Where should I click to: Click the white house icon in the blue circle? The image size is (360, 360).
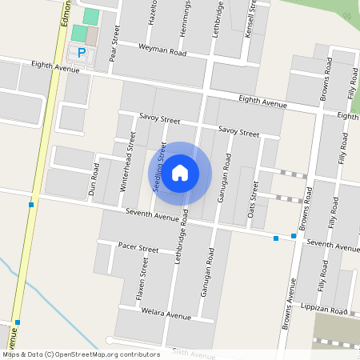(180, 173)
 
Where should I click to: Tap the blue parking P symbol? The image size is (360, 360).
(82, 53)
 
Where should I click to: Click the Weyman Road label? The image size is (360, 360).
(162, 50)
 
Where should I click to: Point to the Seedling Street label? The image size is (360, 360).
(159, 167)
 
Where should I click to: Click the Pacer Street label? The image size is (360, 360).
(138, 247)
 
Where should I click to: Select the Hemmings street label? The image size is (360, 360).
(186, 14)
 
